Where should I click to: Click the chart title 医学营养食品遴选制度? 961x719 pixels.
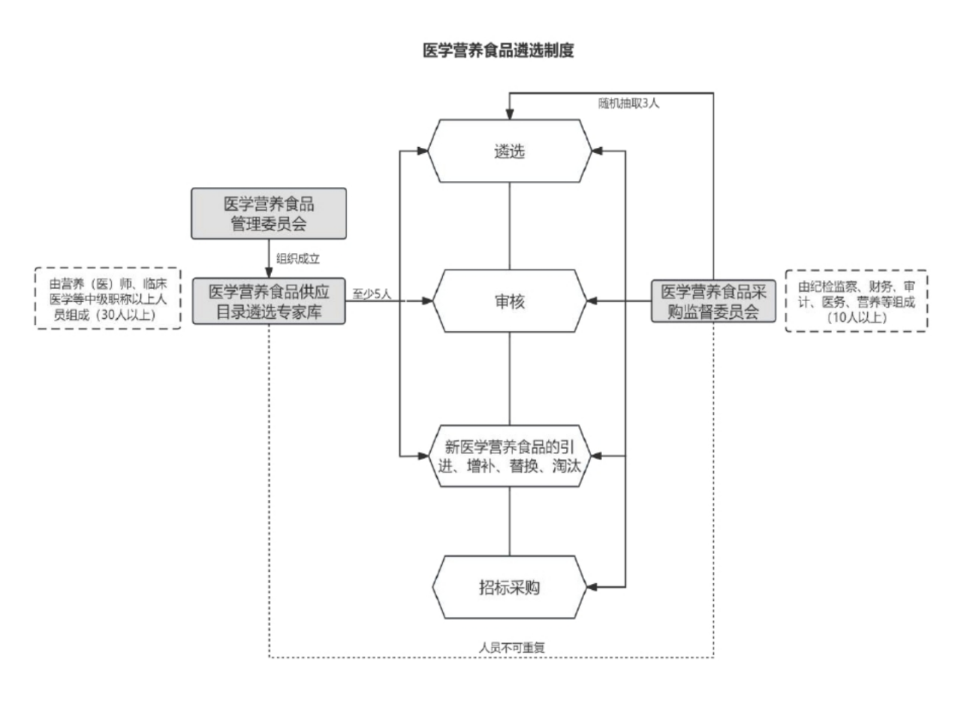(499, 51)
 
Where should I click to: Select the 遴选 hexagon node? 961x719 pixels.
(510, 151)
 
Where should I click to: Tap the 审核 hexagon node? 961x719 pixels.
(510, 301)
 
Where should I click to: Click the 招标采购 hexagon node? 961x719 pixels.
(510, 587)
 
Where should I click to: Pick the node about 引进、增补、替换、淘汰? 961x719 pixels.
(510, 456)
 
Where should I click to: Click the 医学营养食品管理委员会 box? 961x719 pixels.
(269, 214)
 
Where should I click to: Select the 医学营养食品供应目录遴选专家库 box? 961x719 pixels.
(269, 302)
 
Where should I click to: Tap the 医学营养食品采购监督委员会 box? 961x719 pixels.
(713, 302)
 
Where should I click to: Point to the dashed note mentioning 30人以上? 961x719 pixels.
(108, 299)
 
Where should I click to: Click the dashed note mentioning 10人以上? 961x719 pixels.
(856, 301)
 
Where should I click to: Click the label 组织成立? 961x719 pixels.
(298, 259)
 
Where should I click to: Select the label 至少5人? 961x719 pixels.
(372, 294)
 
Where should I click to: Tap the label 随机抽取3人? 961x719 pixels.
(628, 104)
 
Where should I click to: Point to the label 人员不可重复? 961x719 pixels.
(512, 647)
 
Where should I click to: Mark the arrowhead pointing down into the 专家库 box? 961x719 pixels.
(269, 273)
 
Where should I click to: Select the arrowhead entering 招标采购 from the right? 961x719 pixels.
(592, 587)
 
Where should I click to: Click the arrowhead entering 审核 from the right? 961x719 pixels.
(592, 301)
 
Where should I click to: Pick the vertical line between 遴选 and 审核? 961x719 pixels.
(510, 225)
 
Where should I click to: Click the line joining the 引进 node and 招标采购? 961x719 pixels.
(510, 521)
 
